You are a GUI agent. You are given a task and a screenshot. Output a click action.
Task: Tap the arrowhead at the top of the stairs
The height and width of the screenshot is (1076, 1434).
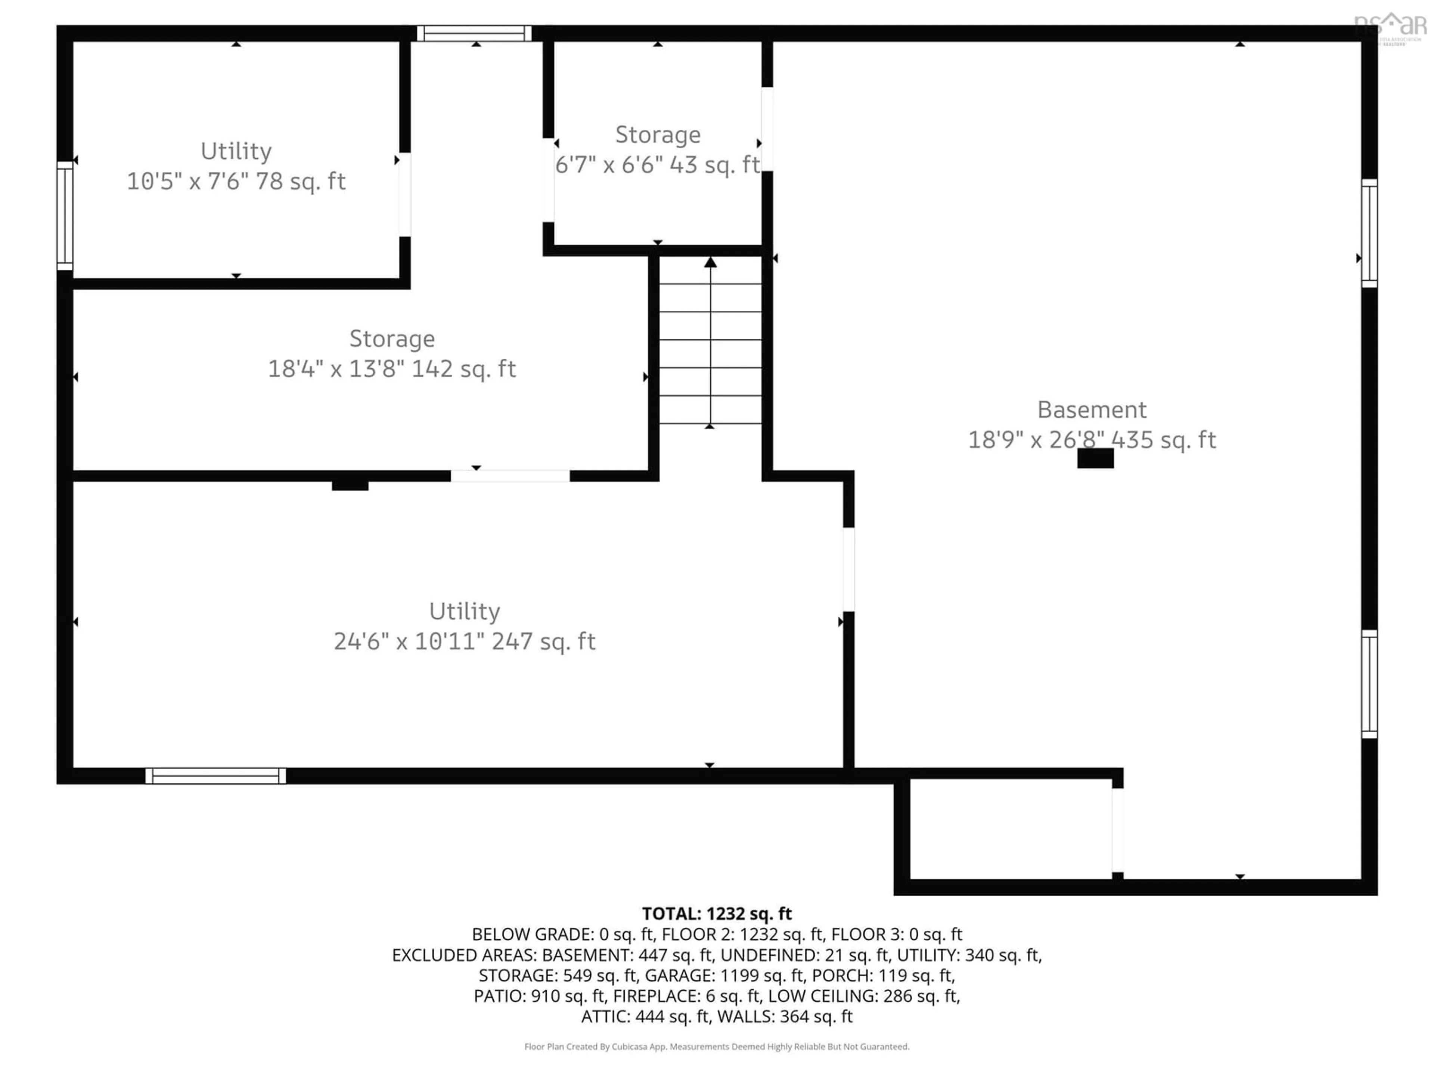711,262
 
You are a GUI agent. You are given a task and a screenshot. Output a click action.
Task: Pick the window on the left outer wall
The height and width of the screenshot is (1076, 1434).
65,215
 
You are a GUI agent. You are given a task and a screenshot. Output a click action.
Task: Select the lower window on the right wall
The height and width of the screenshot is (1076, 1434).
1369,684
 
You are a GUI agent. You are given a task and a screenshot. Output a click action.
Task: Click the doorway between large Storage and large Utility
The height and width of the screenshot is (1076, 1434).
510,476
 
